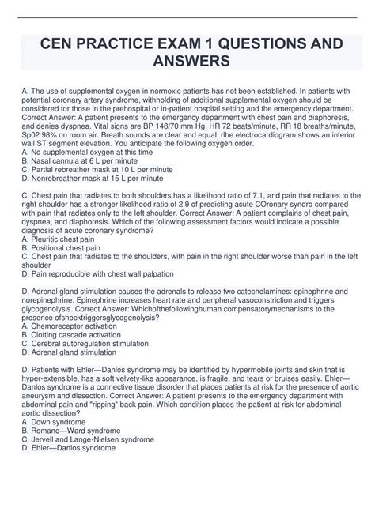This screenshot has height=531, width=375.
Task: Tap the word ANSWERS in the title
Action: click(187, 61)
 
